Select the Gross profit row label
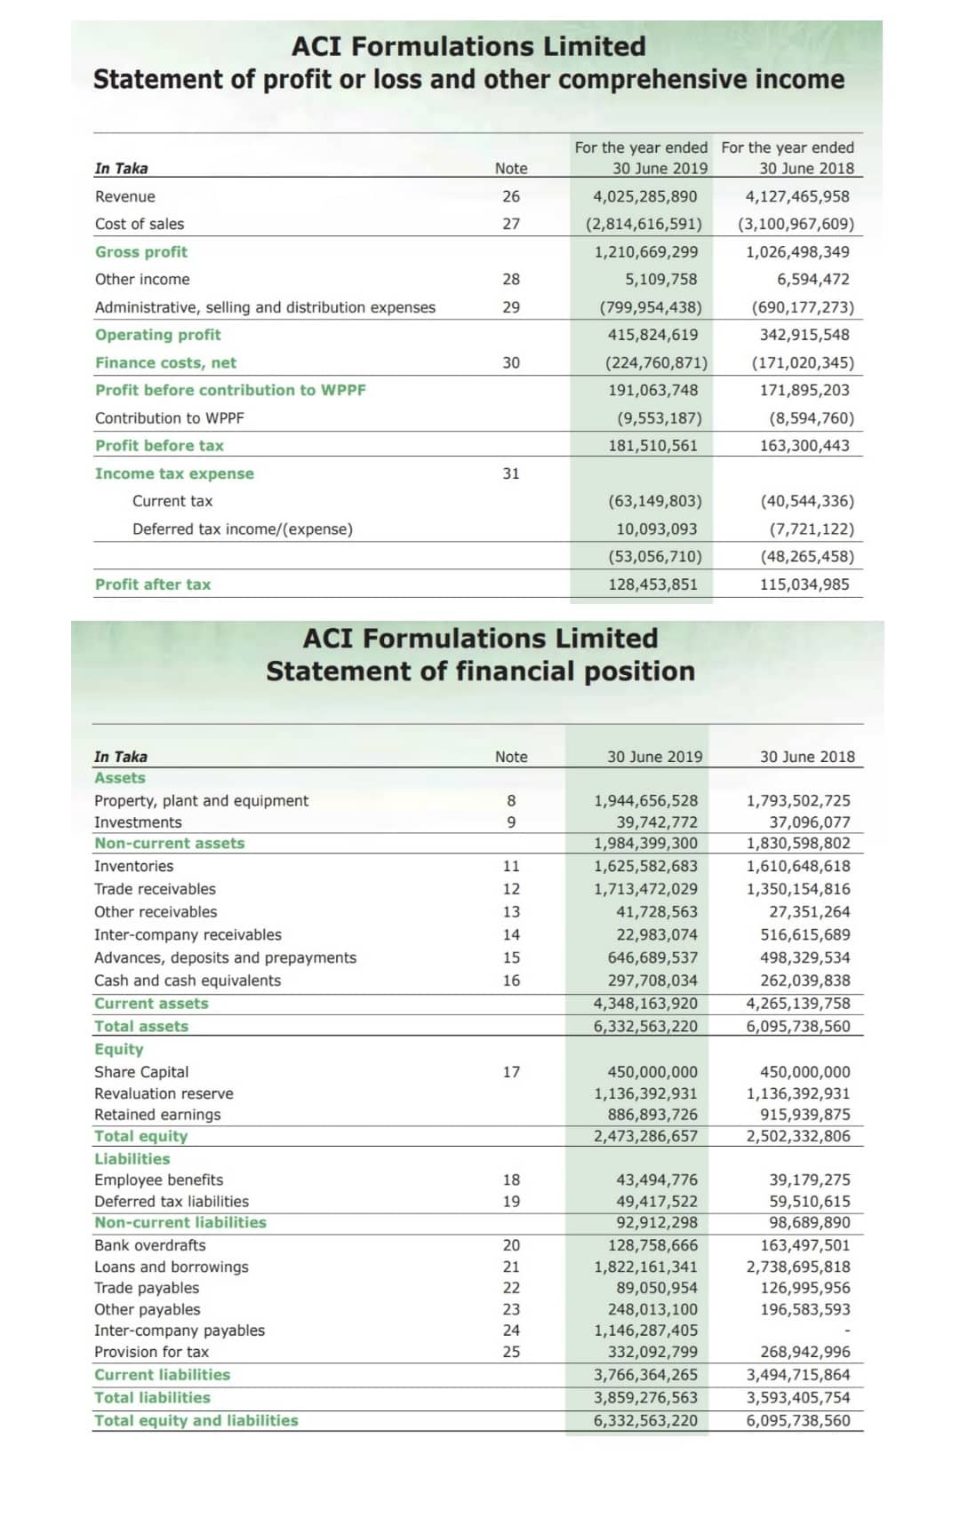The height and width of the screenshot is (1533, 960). pyautogui.click(x=141, y=251)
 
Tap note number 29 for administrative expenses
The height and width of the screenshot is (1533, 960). pyautogui.click(x=511, y=307)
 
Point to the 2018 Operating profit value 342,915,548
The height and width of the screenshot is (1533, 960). pyautogui.click(x=804, y=335)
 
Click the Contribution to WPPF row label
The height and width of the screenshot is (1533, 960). pyautogui.click(x=169, y=417)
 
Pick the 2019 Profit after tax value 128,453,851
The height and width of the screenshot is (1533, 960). pyautogui.click(x=652, y=584)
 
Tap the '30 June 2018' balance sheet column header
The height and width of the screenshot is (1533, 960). pyautogui.click(x=807, y=757)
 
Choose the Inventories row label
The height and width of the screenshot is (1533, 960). pyautogui.click(x=133, y=866)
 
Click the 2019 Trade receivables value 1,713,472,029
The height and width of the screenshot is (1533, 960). pyautogui.click(x=645, y=889)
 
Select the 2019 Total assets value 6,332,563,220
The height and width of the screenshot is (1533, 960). pyautogui.click(x=645, y=1026)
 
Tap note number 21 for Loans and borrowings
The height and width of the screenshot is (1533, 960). pyautogui.click(x=511, y=1267)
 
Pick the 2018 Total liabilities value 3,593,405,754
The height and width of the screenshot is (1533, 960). pyautogui.click(x=797, y=1397)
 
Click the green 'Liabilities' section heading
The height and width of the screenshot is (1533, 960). pyautogui.click(x=132, y=1158)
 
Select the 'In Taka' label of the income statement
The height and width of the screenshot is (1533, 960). pyautogui.click(x=121, y=168)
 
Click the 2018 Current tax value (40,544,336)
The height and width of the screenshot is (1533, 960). pyautogui.click(x=806, y=501)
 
